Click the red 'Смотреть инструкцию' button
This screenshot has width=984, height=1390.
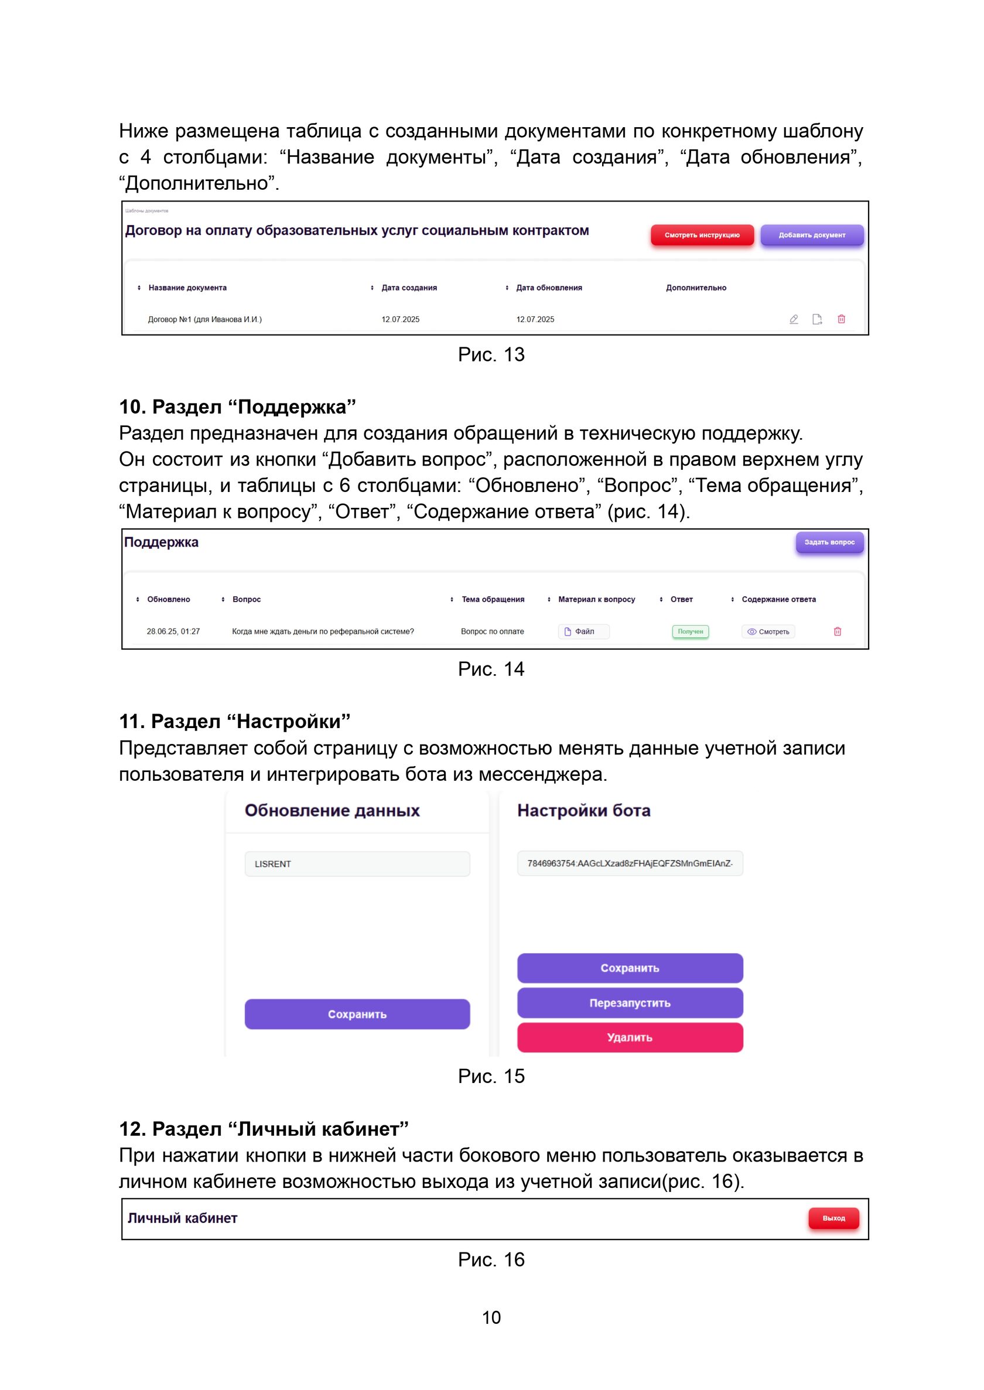coord(702,235)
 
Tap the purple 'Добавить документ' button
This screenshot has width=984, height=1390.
coord(811,235)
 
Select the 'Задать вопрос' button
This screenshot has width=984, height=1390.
coord(829,542)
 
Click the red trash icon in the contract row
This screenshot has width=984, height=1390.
coord(841,319)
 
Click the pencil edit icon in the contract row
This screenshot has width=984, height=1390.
coord(794,319)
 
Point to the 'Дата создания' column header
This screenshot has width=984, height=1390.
coord(409,288)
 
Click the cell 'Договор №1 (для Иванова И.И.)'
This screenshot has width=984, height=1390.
coord(205,319)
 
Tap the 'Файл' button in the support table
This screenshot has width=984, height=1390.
coord(583,631)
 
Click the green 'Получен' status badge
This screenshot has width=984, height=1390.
coord(690,631)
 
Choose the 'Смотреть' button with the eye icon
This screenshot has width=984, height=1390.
coord(768,631)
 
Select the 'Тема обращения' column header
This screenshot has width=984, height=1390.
coord(493,599)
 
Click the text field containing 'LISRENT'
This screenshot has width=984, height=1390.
coord(357,863)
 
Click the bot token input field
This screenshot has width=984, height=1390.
coord(630,863)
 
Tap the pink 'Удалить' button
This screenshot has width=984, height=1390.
coord(630,1037)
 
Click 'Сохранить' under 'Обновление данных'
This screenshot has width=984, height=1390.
coord(357,1014)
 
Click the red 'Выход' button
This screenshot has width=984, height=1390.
coord(833,1218)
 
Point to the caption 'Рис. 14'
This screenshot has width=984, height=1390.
coord(491,669)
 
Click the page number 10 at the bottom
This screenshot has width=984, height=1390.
coord(491,1317)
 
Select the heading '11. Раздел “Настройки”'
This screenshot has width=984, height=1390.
coord(234,722)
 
